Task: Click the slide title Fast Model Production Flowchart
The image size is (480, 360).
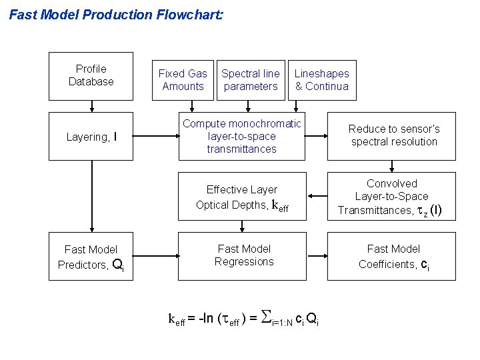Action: click(115, 14)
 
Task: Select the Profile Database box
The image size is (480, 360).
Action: click(91, 75)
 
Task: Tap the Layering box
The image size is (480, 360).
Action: click(91, 137)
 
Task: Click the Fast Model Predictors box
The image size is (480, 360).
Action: click(91, 257)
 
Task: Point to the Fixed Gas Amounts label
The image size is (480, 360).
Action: click(183, 80)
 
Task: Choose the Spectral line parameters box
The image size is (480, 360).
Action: click(251, 80)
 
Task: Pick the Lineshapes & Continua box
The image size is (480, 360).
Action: click(322, 80)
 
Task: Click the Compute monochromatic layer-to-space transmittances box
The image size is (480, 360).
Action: click(242, 136)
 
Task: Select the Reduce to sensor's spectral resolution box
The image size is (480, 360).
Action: click(394, 135)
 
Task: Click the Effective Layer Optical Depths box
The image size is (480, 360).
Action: click(242, 197)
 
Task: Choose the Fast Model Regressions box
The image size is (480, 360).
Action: click(244, 256)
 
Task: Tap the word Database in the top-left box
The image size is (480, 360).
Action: click(91, 81)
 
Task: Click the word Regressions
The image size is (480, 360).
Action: click(244, 261)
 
